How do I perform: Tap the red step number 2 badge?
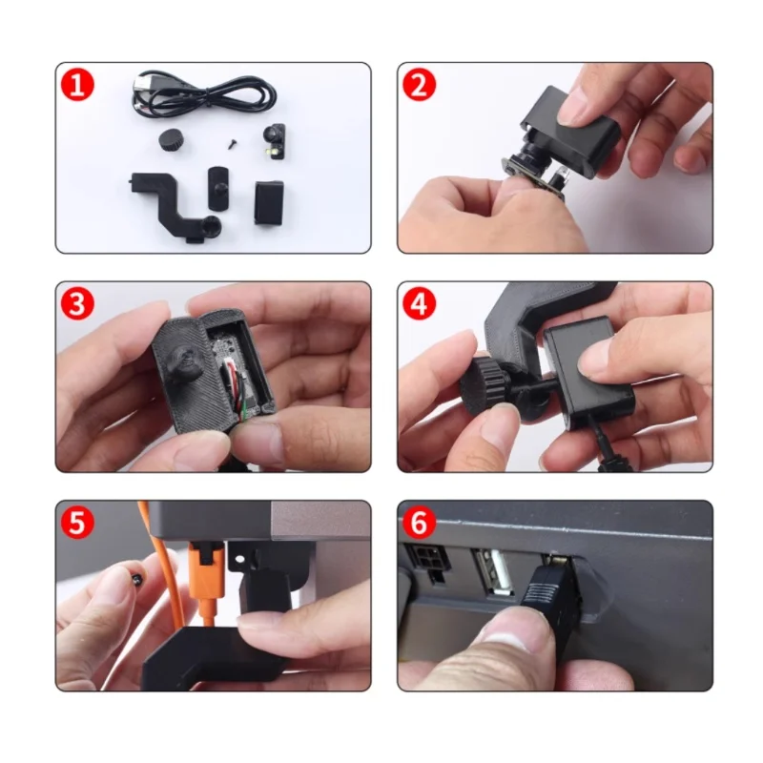(418, 85)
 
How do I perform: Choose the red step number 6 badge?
(418, 523)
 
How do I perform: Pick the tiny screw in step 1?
(230, 142)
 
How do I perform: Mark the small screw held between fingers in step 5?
(135, 578)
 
